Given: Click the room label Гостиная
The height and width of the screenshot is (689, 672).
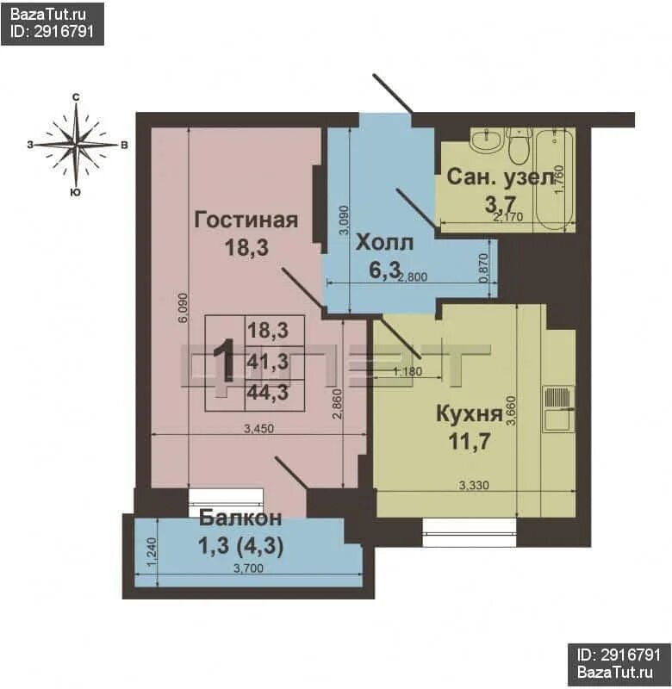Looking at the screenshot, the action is point(246,220).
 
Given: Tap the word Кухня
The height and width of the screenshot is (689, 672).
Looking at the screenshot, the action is point(469,414).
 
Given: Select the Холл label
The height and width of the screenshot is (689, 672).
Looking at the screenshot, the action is point(384,243).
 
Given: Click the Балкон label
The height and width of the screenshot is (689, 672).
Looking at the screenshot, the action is point(240,518).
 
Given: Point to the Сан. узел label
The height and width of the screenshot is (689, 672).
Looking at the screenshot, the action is point(501,177).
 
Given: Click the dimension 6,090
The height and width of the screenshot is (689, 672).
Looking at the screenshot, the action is point(184,308).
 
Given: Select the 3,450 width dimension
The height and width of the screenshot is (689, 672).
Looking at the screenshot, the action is point(258,428).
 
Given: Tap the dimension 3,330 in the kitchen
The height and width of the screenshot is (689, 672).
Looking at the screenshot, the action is point(474,485).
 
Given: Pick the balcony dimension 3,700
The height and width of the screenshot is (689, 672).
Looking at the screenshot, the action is point(248,568).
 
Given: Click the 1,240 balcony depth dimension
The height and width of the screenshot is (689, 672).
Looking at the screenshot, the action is point(152,552).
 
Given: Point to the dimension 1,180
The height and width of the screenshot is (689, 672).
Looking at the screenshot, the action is point(407,371).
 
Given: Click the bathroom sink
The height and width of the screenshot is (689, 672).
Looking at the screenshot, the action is point(487,141).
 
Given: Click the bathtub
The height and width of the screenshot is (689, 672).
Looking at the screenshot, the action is point(555,179).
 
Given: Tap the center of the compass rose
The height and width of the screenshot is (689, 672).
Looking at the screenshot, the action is point(77,145).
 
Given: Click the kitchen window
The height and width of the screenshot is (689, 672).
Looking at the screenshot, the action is point(469,532).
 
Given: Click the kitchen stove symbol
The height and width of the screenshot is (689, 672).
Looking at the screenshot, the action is point(558,409).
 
